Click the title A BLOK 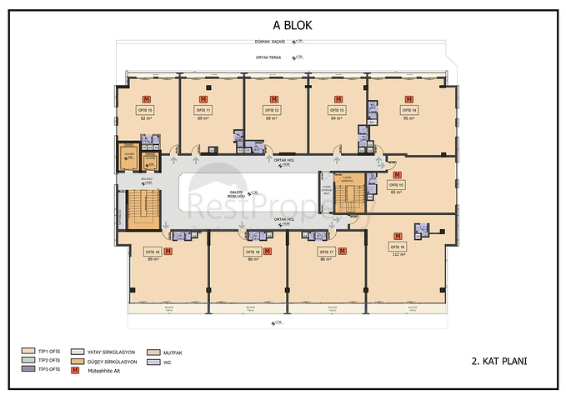(286, 25)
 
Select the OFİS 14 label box (408, 110)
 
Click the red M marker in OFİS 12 (270, 99)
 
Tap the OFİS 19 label (152, 250)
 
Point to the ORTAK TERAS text (269, 57)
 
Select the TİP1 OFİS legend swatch (29, 352)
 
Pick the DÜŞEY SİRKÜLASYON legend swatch (78, 361)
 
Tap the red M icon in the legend (78, 369)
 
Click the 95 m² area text (408, 118)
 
